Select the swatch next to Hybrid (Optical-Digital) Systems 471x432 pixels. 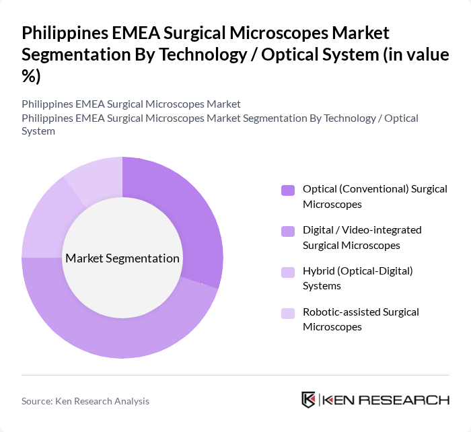click(288, 273)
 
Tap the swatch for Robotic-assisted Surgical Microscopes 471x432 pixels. click(288, 314)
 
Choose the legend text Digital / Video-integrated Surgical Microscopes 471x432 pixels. click(362, 238)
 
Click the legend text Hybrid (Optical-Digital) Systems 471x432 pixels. click(357, 279)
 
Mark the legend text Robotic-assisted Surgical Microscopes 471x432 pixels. click(361, 320)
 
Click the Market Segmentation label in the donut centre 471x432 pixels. click(122, 258)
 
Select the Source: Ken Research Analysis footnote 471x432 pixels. click(85, 401)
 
